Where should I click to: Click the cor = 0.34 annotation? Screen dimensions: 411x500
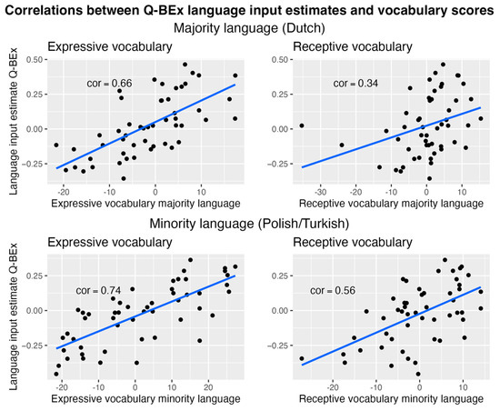[355, 85]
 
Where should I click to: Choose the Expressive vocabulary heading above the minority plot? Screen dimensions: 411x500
[99, 243]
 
